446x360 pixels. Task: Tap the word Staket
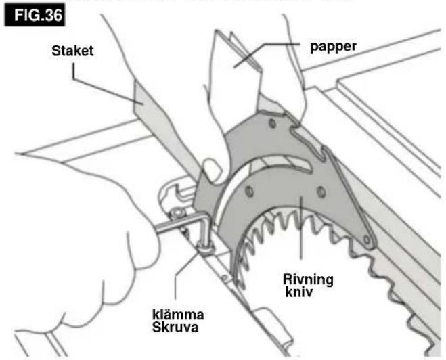tap(72, 51)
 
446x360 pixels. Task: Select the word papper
tap(333, 47)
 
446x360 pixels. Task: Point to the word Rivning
tap(308, 279)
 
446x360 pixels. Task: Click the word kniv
tap(298, 292)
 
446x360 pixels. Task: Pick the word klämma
tap(178, 315)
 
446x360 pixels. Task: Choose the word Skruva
tap(175, 327)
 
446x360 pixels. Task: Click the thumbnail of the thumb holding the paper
tap(212, 171)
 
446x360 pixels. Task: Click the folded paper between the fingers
tap(238, 66)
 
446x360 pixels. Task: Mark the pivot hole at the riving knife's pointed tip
tap(367, 240)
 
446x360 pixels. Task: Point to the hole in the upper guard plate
tap(272, 123)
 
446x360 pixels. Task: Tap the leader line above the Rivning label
tap(301, 227)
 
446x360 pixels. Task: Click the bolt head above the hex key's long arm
tap(178, 212)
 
